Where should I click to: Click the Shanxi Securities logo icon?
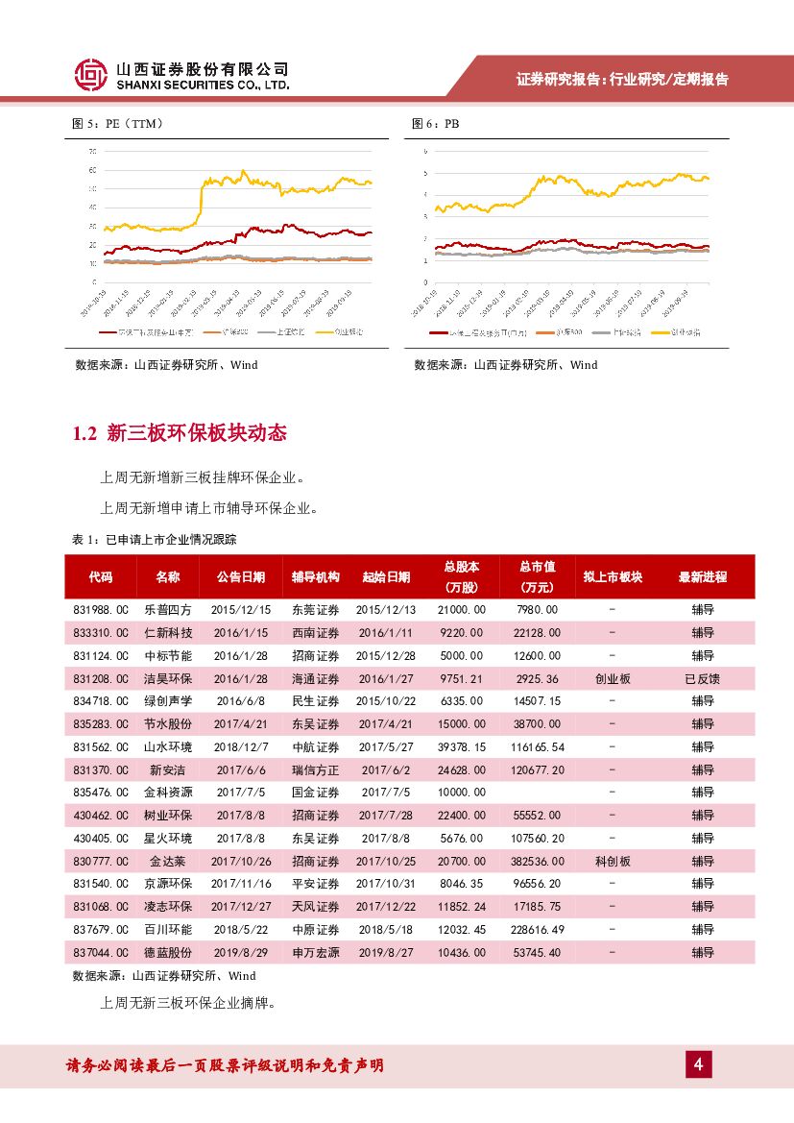pyautogui.click(x=91, y=75)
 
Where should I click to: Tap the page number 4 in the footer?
pyautogui.click(x=699, y=1064)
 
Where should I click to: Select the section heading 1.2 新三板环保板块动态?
pyautogui.click(x=180, y=433)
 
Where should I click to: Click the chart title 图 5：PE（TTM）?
pyautogui.click(x=119, y=124)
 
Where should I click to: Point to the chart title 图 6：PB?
pyautogui.click(x=436, y=124)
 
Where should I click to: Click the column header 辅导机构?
pyautogui.click(x=316, y=577)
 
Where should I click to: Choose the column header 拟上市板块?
pyautogui.click(x=613, y=577)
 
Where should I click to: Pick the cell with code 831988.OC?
pyautogui.click(x=101, y=610)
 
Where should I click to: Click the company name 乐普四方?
pyautogui.click(x=168, y=610)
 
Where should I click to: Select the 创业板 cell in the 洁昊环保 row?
pyautogui.click(x=613, y=679)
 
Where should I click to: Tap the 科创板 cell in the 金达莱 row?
pyautogui.click(x=613, y=862)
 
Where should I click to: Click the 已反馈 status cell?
pyautogui.click(x=703, y=679)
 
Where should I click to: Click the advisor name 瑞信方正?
pyautogui.click(x=316, y=770)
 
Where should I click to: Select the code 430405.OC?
pyautogui.click(x=101, y=839)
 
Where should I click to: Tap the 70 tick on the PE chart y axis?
pyautogui.click(x=92, y=152)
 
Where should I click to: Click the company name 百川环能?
pyautogui.click(x=168, y=930)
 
